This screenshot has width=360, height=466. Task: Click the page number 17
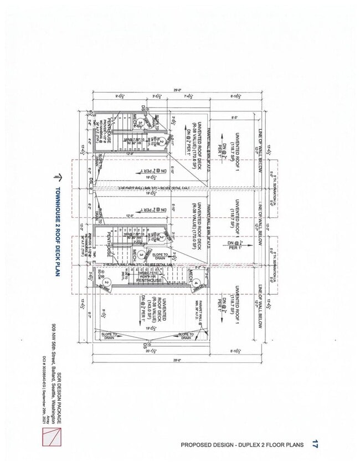click(315, 444)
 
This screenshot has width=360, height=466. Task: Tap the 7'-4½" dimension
click(187, 96)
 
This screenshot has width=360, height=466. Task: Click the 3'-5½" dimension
click(157, 96)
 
